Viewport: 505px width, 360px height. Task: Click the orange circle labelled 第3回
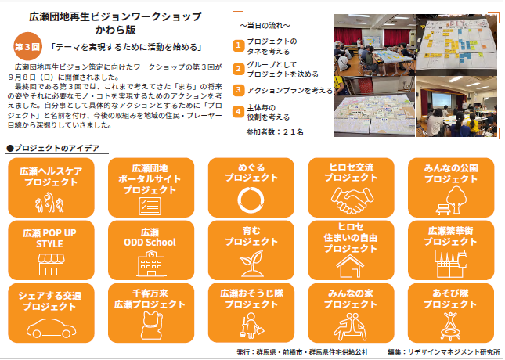click(x=27, y=47)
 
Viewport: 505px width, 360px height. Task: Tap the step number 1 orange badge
click(x=238, y=45)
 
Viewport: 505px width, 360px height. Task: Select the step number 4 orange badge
click(x=238, y=112)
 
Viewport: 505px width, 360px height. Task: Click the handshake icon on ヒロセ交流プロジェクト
click(x=352, y=200)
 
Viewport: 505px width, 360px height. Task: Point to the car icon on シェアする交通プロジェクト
click(x=51, y=328)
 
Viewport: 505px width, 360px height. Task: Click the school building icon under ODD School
click(x=151, y=264)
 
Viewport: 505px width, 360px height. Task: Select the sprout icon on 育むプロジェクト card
click(x=251, y=264)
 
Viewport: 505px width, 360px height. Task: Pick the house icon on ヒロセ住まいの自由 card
click(x=350, y=266)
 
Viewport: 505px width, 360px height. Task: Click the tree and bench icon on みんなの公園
click(x=452, y=201)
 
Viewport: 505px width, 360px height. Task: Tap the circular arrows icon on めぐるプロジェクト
click(x=251, y=200)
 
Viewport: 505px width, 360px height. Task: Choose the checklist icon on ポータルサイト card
click(x=150, y=206)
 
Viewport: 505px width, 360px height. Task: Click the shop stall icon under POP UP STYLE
click(x=51, y=264)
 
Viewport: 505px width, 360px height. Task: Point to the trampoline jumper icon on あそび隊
click(x=450, y=326)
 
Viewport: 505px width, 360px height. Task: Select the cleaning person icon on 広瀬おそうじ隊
click(x=251, y=326)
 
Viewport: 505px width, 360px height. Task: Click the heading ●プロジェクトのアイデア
click(x=53, y=148)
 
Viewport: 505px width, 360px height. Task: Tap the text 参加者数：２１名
click(x=275, y=132)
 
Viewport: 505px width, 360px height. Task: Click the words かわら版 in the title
click(x=115, y=30)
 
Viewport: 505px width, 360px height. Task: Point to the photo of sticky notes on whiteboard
click(x=456, y=44)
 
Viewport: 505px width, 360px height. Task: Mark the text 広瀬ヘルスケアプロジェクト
click(x=51, y=176)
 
